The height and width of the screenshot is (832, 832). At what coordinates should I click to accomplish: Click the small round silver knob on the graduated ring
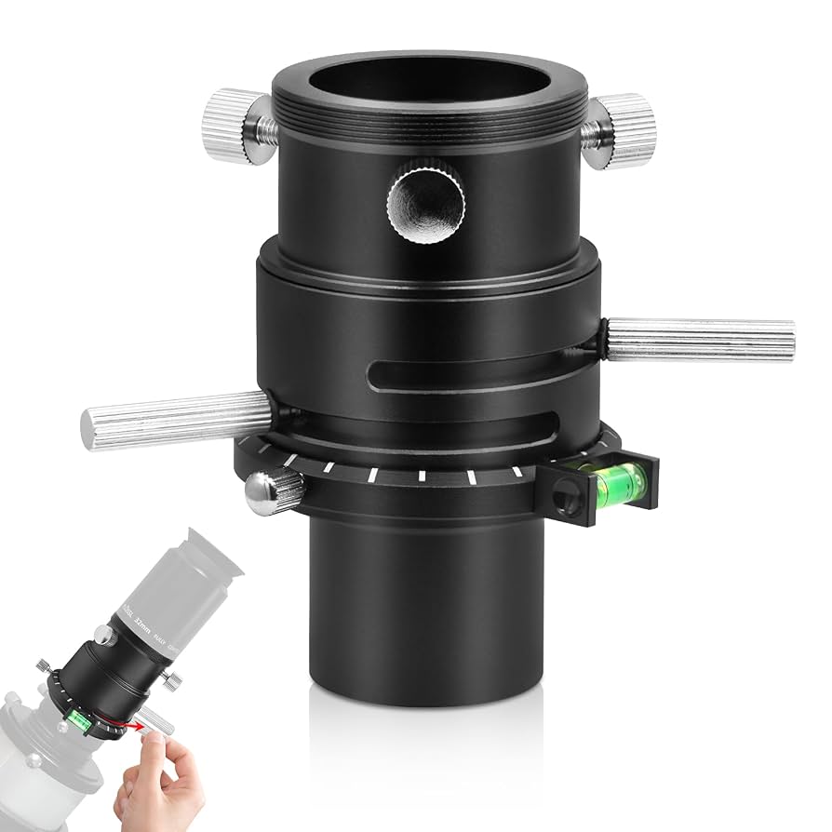pyautogui.click(x=274, y=490)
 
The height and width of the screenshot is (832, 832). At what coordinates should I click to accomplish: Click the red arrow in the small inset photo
pyautogui.click(x=127, y=723)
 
